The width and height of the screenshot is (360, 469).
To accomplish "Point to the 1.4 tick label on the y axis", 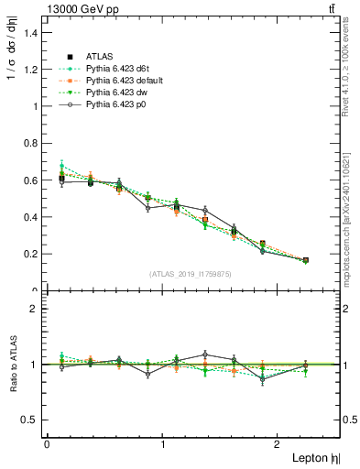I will [x=31, y=32].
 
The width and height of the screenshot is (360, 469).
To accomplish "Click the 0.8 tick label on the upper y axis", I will [x=31, y=143].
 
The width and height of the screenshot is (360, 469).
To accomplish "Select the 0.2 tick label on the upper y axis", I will [x=31, y=254].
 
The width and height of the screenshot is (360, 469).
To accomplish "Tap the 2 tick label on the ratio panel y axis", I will [x=36, y=309].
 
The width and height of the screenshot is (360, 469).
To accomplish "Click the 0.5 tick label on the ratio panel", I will [x=31, y=420].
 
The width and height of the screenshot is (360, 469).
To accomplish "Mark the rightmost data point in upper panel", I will [x=305, y=260].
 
